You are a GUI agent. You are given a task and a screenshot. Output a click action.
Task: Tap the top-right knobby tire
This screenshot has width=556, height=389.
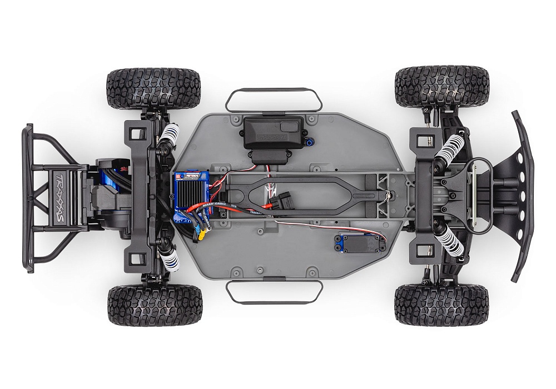[441, 86]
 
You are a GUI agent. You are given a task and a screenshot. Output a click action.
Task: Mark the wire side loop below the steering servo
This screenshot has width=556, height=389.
[274, 292]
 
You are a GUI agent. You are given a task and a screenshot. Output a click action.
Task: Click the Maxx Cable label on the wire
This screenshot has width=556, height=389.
[215, 209]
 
